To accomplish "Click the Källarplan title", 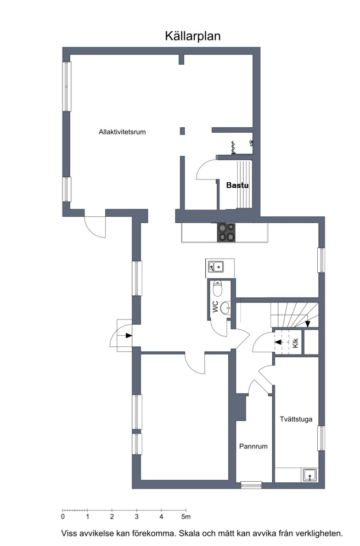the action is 193,36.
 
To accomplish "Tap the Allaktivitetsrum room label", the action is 122,132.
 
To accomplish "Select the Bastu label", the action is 238,185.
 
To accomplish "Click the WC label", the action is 215,306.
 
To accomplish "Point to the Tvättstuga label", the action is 296,419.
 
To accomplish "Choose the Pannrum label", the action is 254,446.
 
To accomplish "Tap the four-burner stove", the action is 226,232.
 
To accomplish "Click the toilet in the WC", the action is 218,288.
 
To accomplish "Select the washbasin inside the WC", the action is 225,307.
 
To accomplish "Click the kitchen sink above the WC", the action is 216,267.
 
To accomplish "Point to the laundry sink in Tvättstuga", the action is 310,475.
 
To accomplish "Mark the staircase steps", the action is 295,315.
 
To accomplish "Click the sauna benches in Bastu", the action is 244,184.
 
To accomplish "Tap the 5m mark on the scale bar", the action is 186,517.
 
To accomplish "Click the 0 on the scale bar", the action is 63,517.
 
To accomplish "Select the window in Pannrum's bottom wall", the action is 251,485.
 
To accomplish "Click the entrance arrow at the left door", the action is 128,335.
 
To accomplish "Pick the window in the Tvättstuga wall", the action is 322,438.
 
